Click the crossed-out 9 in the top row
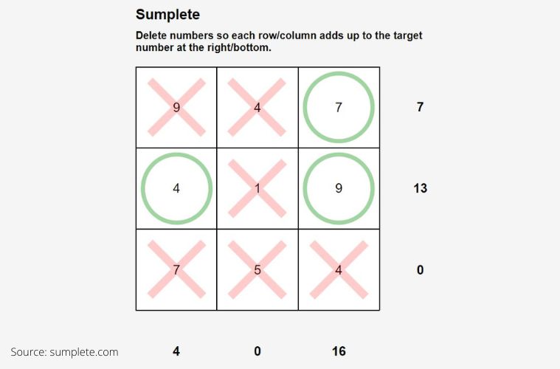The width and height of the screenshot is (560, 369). tap(176, 107)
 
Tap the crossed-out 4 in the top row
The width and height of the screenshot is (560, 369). tap(257, 107)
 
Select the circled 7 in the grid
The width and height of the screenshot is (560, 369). tap(339, 107)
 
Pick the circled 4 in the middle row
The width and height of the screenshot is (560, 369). tap(176, 188)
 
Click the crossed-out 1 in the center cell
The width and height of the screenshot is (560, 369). tap(257, 188)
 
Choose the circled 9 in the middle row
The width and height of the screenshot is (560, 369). tap(339, 188)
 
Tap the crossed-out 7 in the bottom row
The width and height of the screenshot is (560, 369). tap(176, 269)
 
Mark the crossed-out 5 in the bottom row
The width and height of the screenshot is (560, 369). tap(257, 269)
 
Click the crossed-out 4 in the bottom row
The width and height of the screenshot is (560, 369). tap(339, 269)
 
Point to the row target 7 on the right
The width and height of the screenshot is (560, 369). tap(420, 107)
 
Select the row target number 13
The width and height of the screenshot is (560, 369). tap(420, 188)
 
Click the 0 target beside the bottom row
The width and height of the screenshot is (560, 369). tap(420, 269)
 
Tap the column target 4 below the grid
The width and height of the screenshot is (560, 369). tap(176, 351)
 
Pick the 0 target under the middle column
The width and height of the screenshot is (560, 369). tap(257, 351)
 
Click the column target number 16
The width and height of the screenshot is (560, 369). tap(339, 351)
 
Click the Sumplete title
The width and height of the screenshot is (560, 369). tap(167, 15)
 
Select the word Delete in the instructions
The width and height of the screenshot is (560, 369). tap(153, 35)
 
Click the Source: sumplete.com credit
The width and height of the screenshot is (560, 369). tap(64, 352)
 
